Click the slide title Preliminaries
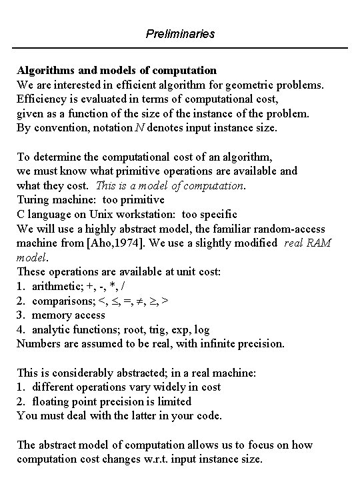(x=180, y=33)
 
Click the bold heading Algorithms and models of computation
(x=117, y=70)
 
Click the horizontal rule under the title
(x=180, y=48)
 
